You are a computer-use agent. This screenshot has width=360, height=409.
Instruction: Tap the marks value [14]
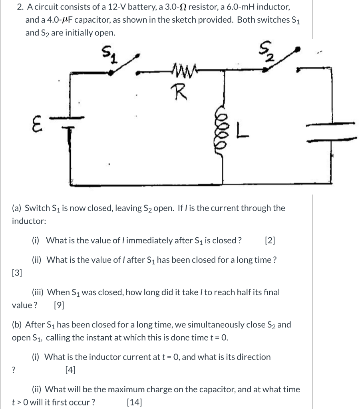pyautogui.click(x=134, y=402)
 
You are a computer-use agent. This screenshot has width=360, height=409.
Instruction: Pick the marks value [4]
pyautogui.click(x=70, y=370)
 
